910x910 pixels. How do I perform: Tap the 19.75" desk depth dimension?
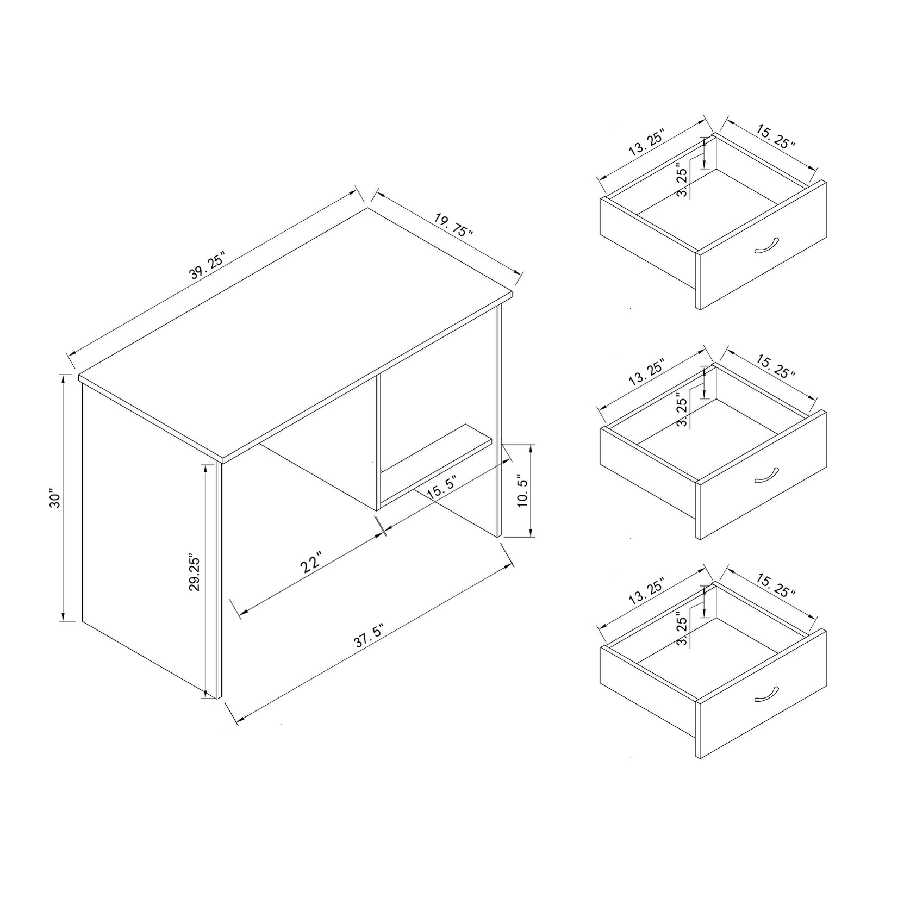point(454,225)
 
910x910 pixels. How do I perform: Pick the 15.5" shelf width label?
point(441,487)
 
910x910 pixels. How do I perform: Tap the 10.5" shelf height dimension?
point(522,491)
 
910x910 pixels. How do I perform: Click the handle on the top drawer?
point(767,246)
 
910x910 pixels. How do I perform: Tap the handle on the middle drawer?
point(767,475)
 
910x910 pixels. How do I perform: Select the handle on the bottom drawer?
point(767,695)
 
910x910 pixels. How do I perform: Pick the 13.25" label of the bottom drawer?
point(647,593)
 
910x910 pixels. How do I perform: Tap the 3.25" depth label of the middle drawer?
point(683,409)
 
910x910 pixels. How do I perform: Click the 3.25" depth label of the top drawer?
point(683,179)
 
